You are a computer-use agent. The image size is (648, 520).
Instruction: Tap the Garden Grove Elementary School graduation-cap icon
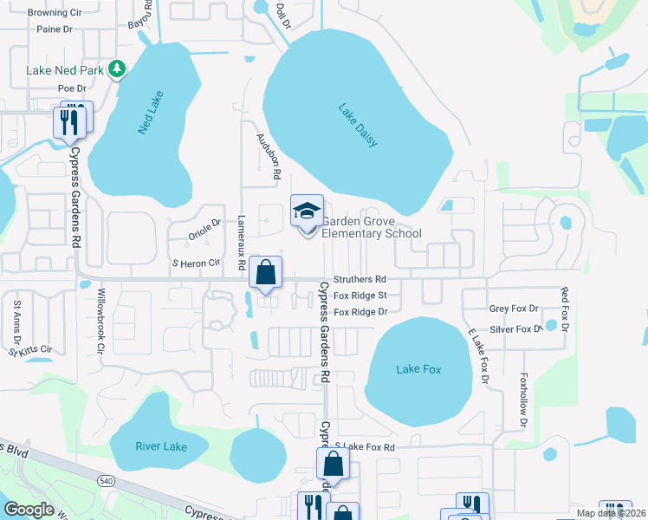click(x=305, y=212)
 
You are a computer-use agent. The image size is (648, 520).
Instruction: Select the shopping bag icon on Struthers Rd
click(x=265, y=271)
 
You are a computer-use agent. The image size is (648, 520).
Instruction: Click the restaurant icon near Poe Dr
click(x=71, y=120)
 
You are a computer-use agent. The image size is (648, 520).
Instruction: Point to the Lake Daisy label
click(x=358, y=125)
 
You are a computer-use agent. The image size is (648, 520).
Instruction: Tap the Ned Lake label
click(x=151, y=112)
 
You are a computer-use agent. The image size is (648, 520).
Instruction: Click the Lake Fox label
click(x=418, y=370)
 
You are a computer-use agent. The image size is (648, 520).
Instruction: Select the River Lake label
click(x=161, y=446)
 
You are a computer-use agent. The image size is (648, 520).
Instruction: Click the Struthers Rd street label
click(x=360, y=280)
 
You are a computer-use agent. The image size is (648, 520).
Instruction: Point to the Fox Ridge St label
click(x=360, y=296)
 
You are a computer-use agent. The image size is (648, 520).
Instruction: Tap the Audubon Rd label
click(x=269, y=156)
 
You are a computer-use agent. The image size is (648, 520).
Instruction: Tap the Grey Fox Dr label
click(x=514, y=309)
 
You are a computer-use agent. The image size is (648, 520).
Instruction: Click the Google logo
click(x=29, y=510)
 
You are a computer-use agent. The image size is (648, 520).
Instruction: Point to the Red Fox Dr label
click(x=564, y=310)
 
